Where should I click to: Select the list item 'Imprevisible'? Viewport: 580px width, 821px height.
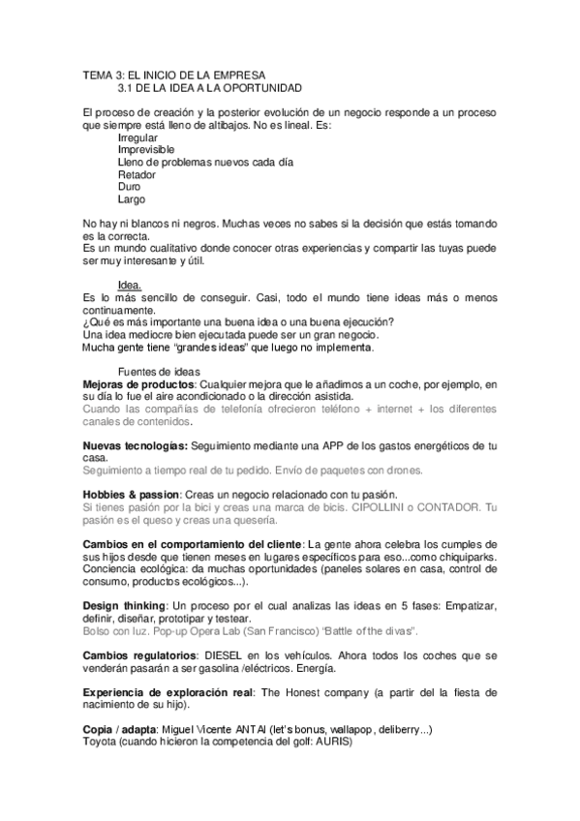click(146, 151)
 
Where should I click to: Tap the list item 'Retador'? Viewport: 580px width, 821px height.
click(137, 175)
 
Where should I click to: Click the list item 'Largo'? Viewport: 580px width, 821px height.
click(132, 199)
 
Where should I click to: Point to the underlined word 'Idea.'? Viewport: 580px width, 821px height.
click(129, 285)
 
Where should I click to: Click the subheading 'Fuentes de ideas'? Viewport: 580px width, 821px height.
click(161, 372)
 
